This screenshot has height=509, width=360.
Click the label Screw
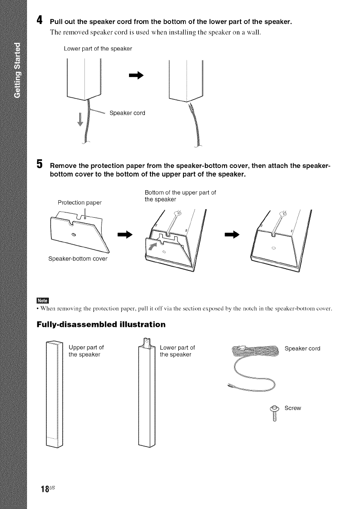pos(293,408)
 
